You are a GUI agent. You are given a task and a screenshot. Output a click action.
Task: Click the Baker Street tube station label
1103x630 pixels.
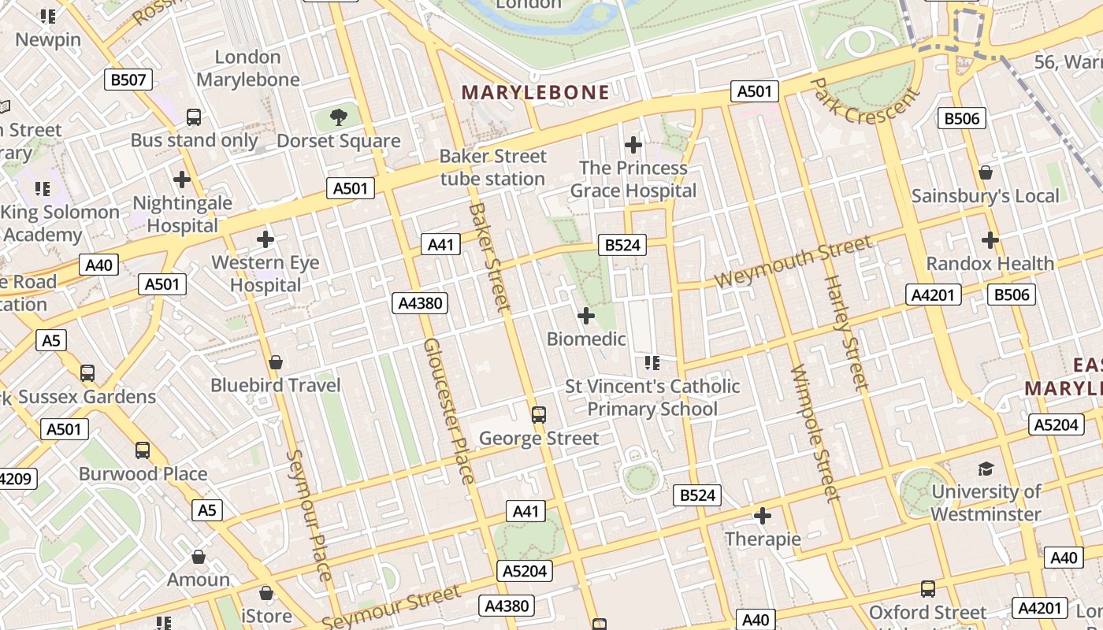(492, 168)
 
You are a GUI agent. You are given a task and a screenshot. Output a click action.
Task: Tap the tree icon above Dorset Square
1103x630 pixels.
(339, 118)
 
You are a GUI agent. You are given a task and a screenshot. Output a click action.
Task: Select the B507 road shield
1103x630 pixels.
(128, 79)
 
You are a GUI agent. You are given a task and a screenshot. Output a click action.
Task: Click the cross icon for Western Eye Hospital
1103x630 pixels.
(266, 239)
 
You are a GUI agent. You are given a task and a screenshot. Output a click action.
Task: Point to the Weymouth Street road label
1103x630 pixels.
(793, 263)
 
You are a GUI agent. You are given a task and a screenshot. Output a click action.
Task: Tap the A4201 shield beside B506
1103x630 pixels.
(934, 295)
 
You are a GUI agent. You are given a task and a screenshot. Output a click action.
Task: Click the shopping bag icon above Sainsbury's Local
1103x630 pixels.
(985, 172)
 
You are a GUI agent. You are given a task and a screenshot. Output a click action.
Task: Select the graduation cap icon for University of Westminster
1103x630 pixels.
(986, 469)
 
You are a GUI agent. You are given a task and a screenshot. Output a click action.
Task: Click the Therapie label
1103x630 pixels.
(762, 539)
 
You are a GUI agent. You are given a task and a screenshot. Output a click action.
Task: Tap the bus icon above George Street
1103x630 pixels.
(539, 414)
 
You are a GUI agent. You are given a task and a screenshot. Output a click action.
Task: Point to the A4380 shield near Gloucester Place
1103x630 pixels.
(420, 303)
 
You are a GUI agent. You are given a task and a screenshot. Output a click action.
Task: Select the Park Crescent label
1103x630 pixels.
(864, 101)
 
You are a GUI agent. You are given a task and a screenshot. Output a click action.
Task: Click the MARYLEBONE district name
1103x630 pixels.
(535, 92)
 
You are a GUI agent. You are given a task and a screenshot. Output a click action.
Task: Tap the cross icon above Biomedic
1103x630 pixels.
(585, 316)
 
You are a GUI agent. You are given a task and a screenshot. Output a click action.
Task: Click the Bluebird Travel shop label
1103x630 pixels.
(275, 385)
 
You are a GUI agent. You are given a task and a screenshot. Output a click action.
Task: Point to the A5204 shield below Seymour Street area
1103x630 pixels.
(525, 571)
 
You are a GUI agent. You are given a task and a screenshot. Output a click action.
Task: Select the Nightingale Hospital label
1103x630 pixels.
(182, 214)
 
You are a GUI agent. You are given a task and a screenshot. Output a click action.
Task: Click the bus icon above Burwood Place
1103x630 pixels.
(142, 450)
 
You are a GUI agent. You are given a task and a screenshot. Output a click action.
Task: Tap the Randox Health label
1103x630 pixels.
(990, 263)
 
